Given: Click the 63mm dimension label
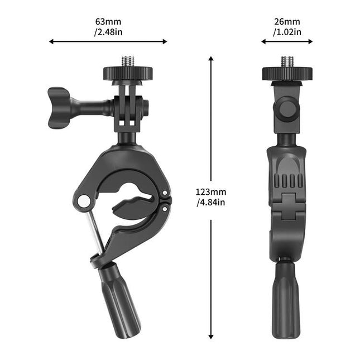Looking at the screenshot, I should [x=108, y=22].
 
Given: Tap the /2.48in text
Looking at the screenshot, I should [x=108, y=32].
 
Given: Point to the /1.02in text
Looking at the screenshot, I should [x=287, y=32].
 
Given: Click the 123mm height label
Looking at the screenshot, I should [x=210, y=191].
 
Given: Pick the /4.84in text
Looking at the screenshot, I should [x=211, y=201].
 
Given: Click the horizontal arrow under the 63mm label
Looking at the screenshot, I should [x=108, y=41].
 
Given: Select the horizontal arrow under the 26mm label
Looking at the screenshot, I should [x=287, y=41].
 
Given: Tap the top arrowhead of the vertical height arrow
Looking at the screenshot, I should [x=211, y=59].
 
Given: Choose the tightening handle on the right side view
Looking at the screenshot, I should [x=286, y=301].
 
